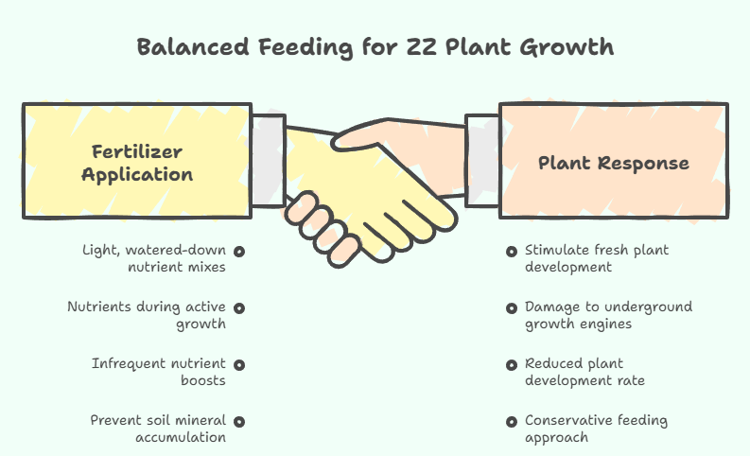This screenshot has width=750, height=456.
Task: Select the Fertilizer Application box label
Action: tap(137, 163)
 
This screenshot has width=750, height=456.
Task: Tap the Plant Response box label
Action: tap(614, 163)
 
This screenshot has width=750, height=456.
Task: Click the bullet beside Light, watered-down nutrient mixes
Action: tap(239, 252)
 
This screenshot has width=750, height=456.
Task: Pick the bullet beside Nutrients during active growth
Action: tap(239, 307)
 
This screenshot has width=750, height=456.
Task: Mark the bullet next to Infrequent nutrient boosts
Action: tap(239, 364)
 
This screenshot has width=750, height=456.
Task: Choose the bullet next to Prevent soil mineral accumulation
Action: tap(239, 421)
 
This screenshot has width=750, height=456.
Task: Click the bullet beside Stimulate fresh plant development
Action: tap(511, 252)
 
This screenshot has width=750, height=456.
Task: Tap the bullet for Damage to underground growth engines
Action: tap(511, 307)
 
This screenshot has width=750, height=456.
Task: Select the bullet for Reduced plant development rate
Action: tap(511, 364)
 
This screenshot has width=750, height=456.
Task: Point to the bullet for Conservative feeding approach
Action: tap(511, 421)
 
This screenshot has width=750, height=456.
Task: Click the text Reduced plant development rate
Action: tap(584, 372)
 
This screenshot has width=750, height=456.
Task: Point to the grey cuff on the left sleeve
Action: tap(269, 161)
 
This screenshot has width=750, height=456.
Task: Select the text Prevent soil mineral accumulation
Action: tap(158, 429)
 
